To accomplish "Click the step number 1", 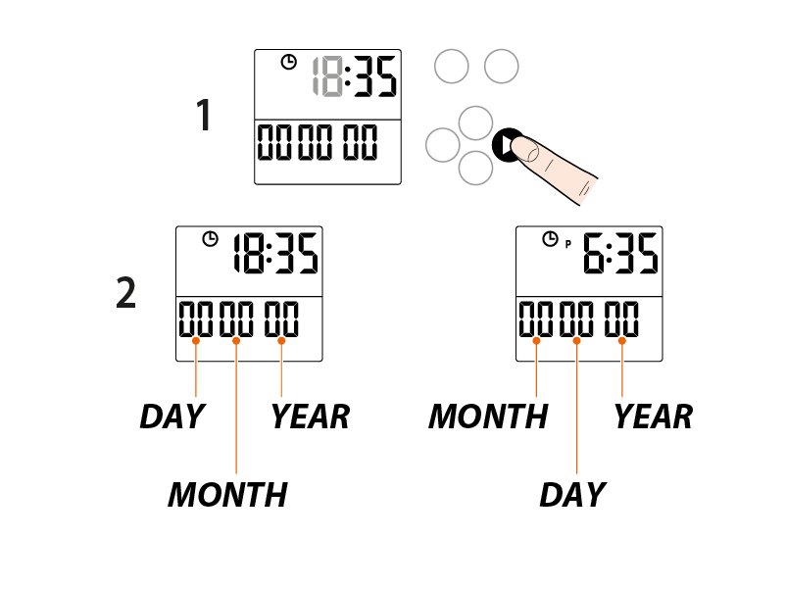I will [204, 117].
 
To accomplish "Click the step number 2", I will [126, 293].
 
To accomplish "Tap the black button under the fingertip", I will [504, 145].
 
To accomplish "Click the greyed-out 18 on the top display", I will [327, 77].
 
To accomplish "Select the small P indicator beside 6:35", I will [566, 244].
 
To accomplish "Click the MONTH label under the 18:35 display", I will [227, 495].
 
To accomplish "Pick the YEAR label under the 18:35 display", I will [310, 417].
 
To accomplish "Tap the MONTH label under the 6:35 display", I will [488, 417].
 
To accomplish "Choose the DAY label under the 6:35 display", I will [572, 495].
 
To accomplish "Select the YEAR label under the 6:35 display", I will [653, 417].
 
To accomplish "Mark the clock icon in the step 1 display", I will [288, 63].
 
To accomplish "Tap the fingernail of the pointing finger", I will [530, 150].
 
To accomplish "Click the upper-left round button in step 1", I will [451, 67].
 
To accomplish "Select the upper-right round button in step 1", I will [501, 66].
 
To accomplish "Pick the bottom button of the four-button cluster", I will [475, 168].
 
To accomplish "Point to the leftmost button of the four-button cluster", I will [443, 145].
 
